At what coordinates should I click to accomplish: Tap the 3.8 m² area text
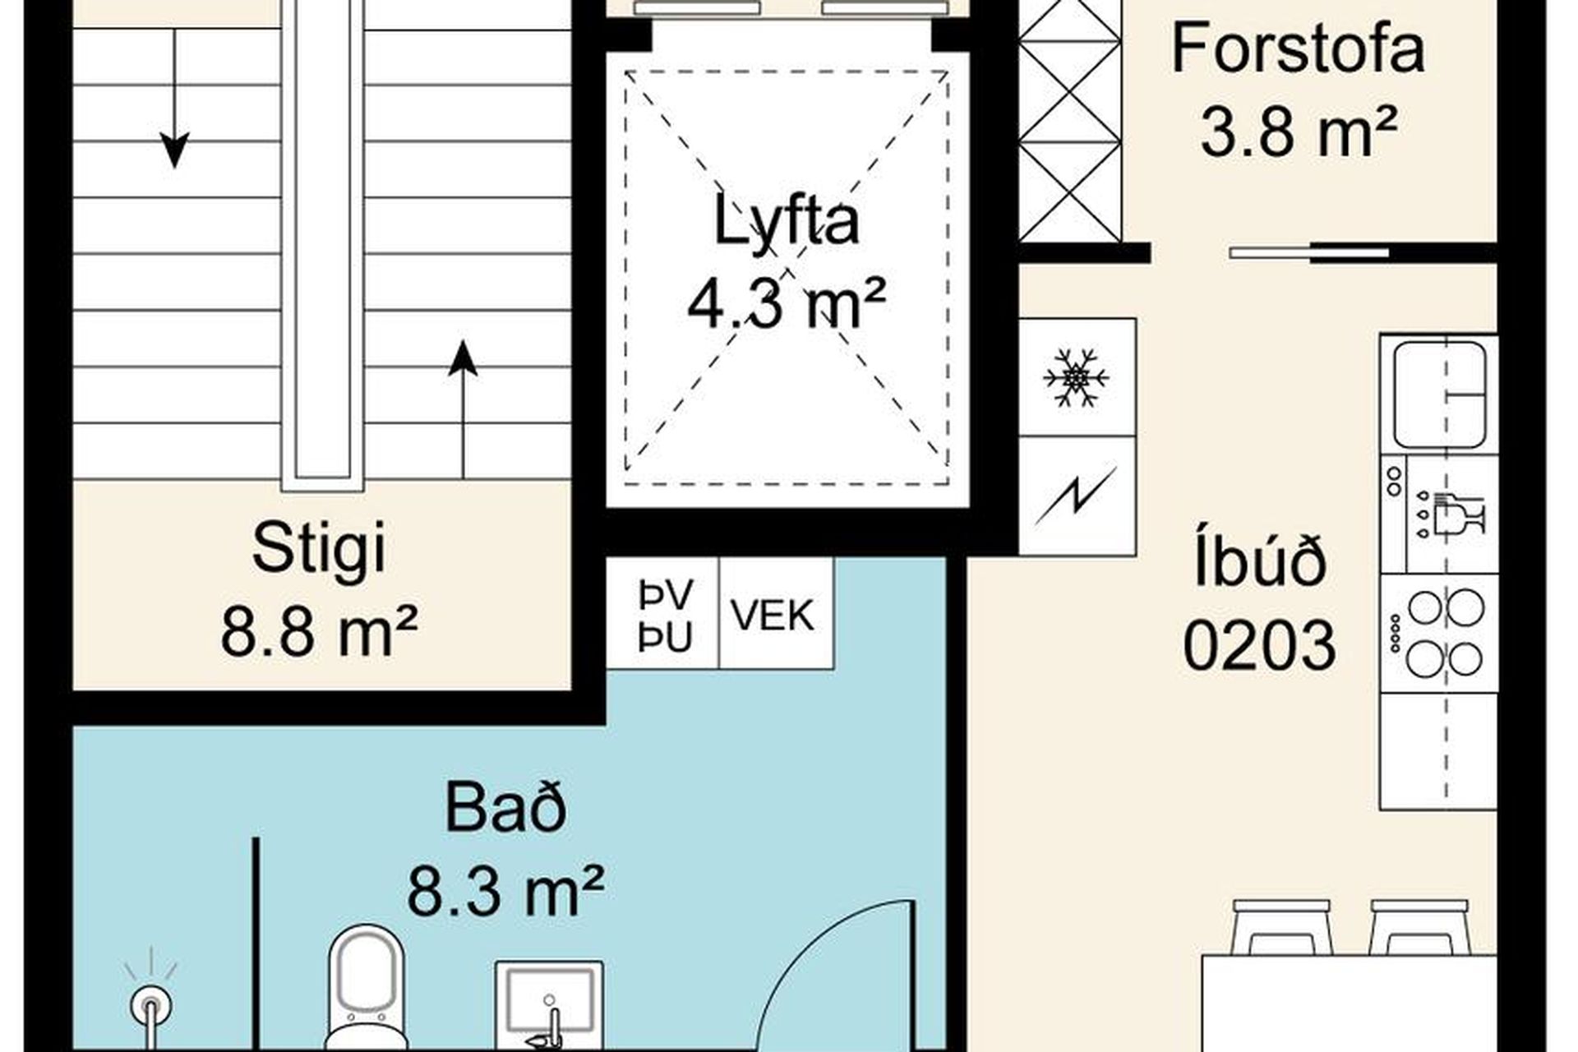(1299, 133)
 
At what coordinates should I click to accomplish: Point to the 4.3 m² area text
(787, 302)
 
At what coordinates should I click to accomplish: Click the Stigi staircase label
(318, 549)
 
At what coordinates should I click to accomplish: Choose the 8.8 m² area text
(319, 630)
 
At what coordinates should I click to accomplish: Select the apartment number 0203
(1259, 645)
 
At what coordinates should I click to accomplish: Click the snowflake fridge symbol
(1076, 378)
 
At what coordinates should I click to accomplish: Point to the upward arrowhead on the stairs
(463, 358)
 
